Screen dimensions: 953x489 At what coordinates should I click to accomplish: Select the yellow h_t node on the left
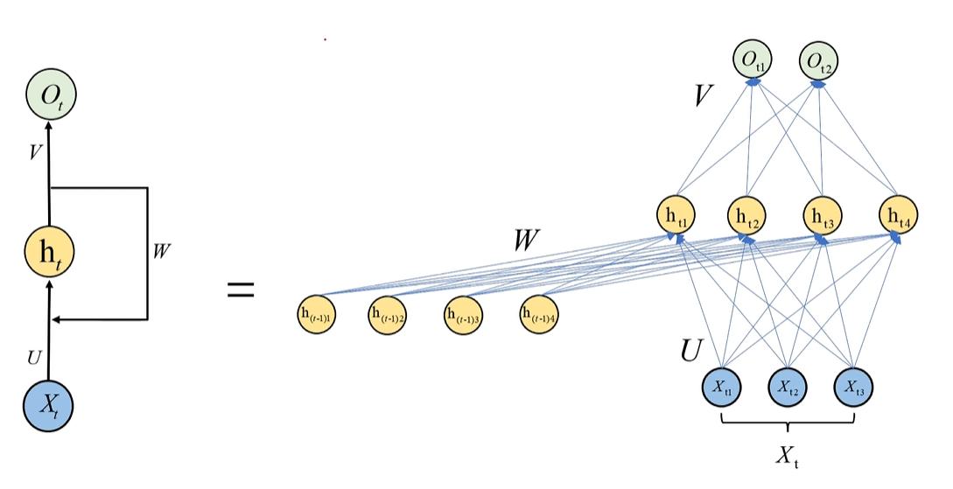pyautogui.click(x=49, y=252)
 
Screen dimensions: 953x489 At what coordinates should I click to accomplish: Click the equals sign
pyautogui.click(x=241, y=290)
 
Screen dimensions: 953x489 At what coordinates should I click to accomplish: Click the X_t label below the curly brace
pyautogui.click(x=788, y=456)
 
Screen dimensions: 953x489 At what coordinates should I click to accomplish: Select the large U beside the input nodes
pyautogui.click(x=692, y=350)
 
